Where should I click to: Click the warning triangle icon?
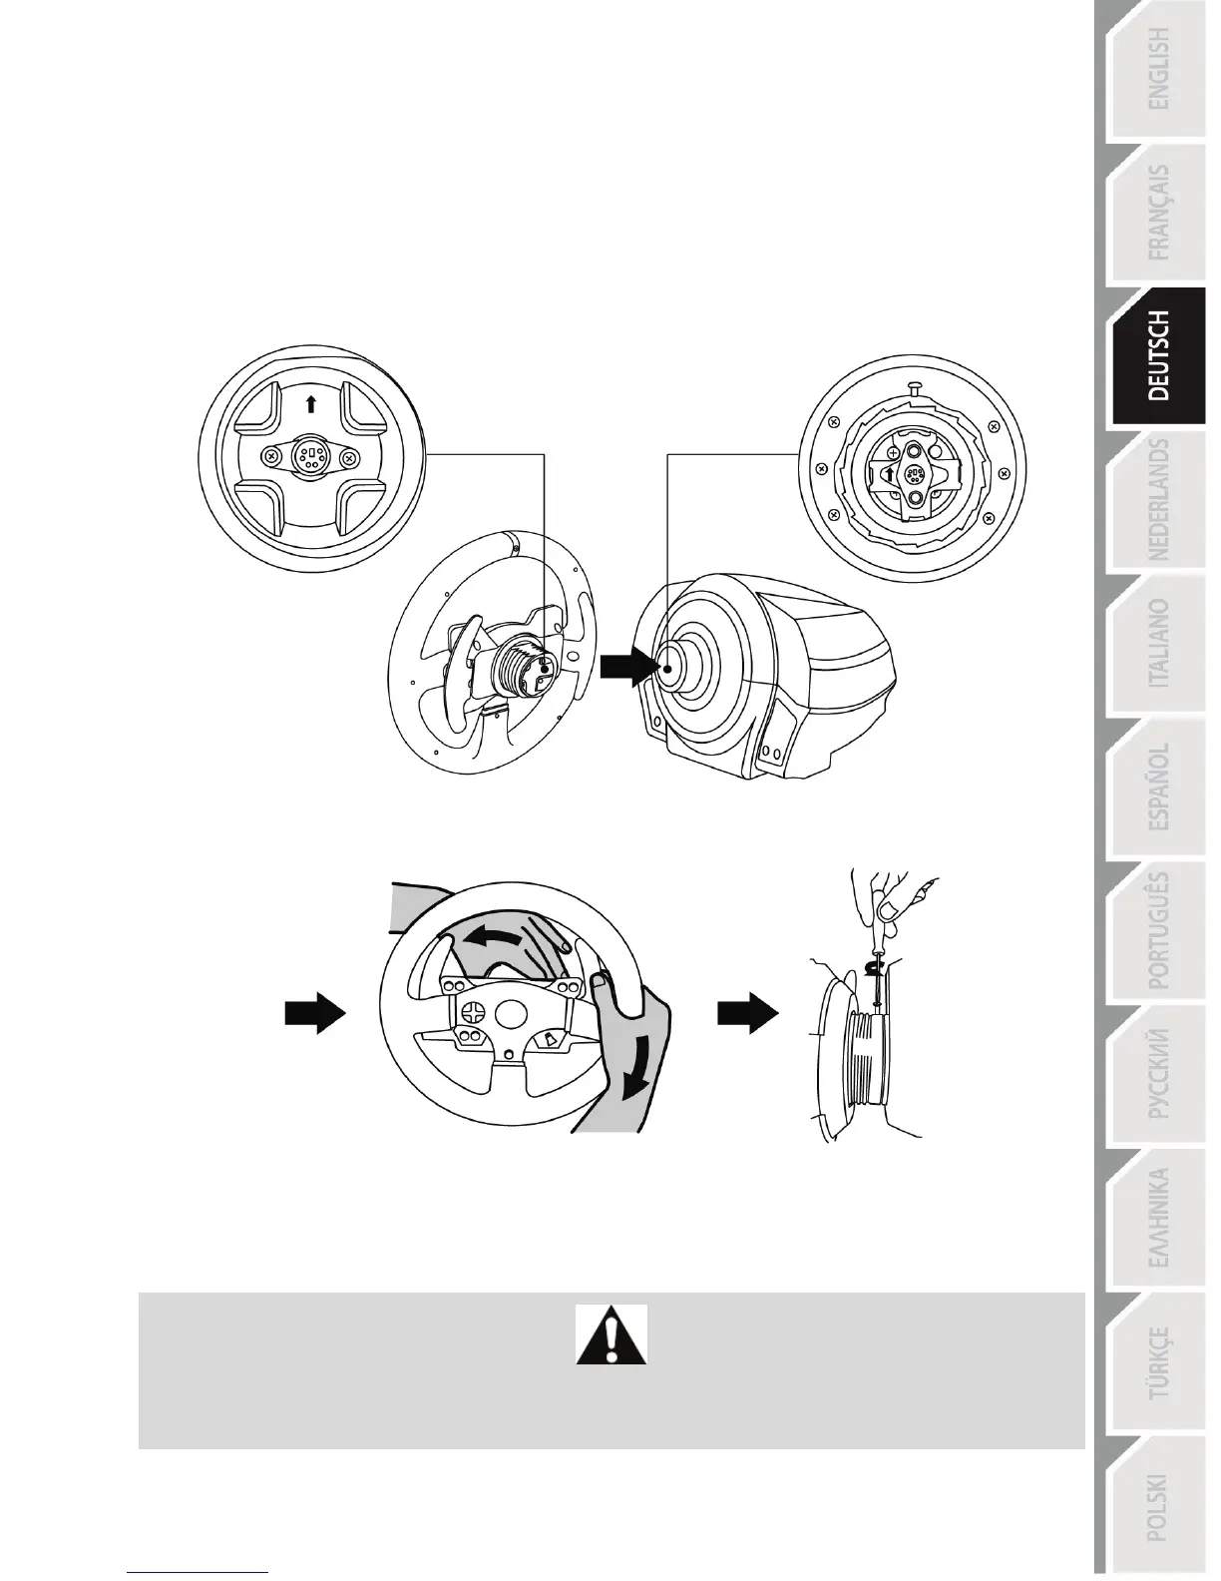610,1334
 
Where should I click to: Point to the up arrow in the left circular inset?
311,403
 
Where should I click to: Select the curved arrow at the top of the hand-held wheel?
499,934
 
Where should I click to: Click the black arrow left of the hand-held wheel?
314,1014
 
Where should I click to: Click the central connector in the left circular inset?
311,457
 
